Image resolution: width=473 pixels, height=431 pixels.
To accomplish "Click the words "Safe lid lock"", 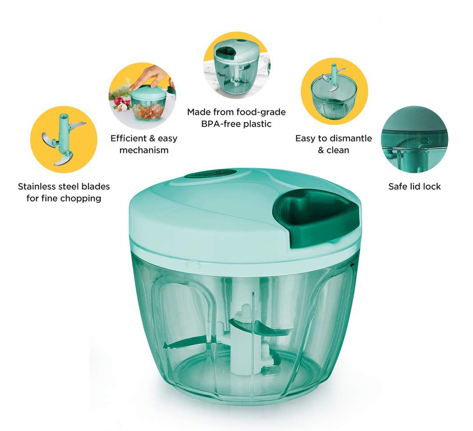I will [414, 187].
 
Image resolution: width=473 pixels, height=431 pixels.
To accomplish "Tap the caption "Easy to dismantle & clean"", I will [333, 144].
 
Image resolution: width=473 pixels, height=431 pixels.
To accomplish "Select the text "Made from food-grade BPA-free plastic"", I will [236, 118].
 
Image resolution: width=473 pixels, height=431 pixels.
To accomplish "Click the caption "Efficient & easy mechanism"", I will [144, 144].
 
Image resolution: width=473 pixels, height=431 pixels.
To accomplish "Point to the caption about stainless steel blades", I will [64, 192].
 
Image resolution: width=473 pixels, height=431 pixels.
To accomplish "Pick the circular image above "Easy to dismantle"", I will [334, 92].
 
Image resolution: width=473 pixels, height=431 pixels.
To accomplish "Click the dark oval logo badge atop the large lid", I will [210, 174].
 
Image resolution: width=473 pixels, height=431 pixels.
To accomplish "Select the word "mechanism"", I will [144, 150].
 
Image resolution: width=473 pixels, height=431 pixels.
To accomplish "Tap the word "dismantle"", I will [350, 138].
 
